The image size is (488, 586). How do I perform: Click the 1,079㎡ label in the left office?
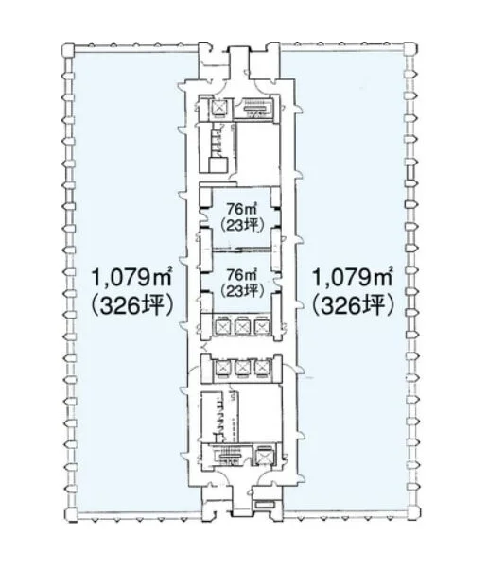[131, 278]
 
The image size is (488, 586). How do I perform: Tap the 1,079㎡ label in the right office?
[352, 278]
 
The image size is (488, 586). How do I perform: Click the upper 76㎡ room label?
[241, 208]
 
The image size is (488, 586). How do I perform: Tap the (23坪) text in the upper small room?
[241, 225]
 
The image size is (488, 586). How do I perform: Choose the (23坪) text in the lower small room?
[241, 290]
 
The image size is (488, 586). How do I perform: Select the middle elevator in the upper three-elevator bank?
[241, 326]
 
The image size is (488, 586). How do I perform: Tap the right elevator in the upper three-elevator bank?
[262, 326]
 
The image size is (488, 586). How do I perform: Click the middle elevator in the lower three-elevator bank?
[241, 368]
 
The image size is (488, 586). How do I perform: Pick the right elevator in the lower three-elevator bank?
[262, 368]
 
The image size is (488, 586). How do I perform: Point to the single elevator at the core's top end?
[218, 108]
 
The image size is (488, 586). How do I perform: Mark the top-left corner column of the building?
[69, 50]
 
